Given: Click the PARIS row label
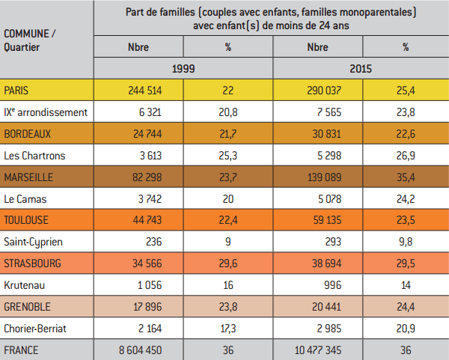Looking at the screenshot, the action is click(x=16, y=91).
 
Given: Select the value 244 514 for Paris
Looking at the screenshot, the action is click(x=145, y=91).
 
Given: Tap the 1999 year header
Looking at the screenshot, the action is click(x=183, y=69).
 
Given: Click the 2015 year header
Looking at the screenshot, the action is click(x=361, y=69).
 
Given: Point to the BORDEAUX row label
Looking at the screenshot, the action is click(x=27, y=134).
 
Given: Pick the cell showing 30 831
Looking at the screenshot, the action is click(x=327, y=134).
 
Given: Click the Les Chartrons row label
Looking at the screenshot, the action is click(x=34, y=156).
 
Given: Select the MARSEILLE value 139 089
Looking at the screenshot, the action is click(x=325, y=177).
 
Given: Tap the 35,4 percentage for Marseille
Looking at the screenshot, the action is click(x=406, y=177).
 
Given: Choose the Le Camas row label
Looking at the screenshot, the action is click(x=25, y=199).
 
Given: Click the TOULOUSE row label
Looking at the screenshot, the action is click(x=26, y=220).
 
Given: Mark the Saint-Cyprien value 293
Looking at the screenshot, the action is click(x=333, y=242).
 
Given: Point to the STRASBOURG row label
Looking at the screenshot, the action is click(x=32, y=263).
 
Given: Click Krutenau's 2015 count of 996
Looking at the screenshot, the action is click(x=333, y=285).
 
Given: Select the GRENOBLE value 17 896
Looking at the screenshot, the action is click(x=147, y=307).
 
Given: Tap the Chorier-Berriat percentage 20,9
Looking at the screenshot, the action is click(x=406, y=329).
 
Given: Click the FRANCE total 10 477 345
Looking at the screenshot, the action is click(x=318, y=350).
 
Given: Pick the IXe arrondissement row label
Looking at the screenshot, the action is click(x=46, y=112).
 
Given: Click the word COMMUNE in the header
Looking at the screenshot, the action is click(x=26, y=34).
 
